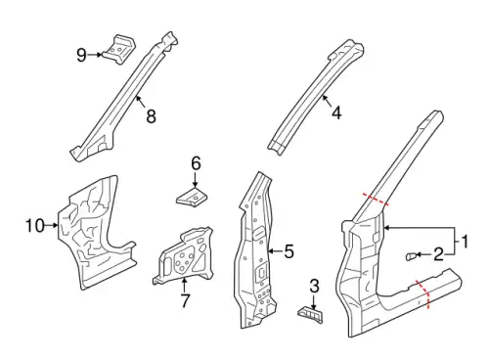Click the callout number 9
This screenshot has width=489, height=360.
click(x=81, y=55)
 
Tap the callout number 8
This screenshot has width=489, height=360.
click(x=151, y=116)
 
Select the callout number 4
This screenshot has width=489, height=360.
click(x=336, y=112)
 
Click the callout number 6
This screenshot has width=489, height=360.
click(x=196, y=163)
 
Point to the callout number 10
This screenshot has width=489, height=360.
click(x=35, y=226)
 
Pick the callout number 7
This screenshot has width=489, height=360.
click(x=185, y=300)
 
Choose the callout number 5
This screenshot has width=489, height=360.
click(x=289, y=251)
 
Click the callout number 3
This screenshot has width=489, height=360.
click(x=314, y=286)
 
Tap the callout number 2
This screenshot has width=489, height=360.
click(x=439, y=254)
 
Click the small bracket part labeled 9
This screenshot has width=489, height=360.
click(x=119, y=49)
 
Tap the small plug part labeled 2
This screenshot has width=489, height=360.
click(x=410, y=256)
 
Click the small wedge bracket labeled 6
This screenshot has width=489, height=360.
click(x=193, y=197)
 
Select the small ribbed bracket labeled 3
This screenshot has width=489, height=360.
click(x=310, y=315)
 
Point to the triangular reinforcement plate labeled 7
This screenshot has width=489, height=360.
click(x=184, y=256)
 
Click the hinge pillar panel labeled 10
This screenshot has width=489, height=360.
click(x=95, y=232)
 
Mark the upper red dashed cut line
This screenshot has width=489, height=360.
click(x=376, y=199)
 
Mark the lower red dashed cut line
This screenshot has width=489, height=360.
click(x=423, y=292)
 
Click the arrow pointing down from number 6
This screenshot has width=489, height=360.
click(x=196, y=179)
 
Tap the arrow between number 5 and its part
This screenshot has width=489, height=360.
click(x=275, y=251)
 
